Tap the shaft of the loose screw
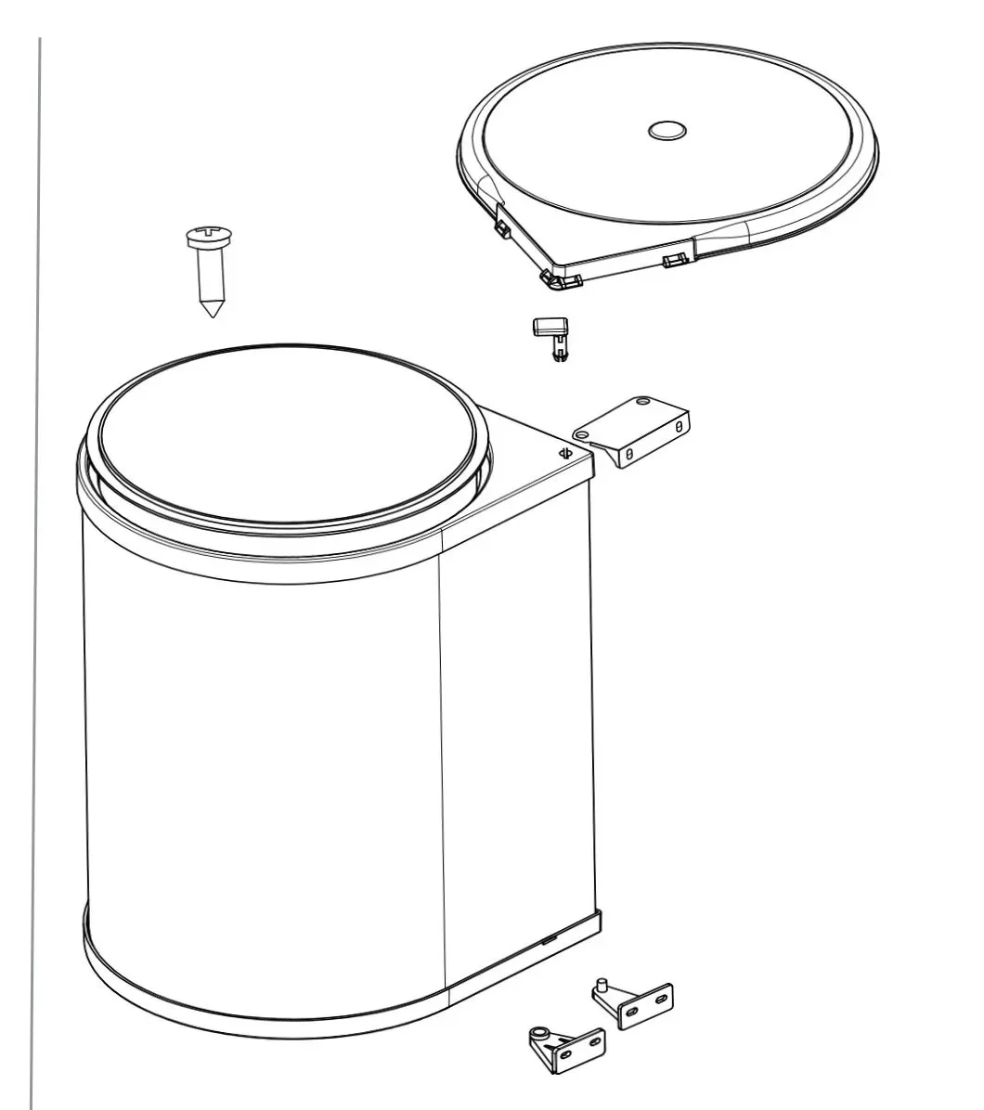[211, 274]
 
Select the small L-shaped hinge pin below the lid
[551, 336]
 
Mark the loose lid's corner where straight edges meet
[557, 281]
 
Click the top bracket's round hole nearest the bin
[581, 433]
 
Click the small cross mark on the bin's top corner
[563, 453]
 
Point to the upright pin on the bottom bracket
[602, 984]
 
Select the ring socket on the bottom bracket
[539, 1032]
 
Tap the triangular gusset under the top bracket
[614, 454]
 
